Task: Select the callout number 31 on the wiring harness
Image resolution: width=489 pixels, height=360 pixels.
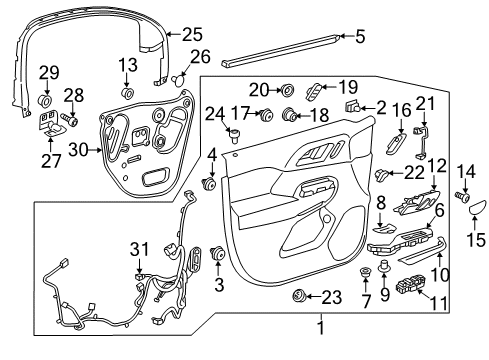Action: (139, 248)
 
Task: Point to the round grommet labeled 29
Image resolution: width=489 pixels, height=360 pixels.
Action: (45, 101)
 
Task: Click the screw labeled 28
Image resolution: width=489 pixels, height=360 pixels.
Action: (72, 123)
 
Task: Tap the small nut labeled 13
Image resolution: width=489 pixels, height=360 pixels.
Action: (128, 95)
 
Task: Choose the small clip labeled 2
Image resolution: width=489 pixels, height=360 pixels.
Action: (352, 106)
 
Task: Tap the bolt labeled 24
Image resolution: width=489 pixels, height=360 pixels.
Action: (234, 135)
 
